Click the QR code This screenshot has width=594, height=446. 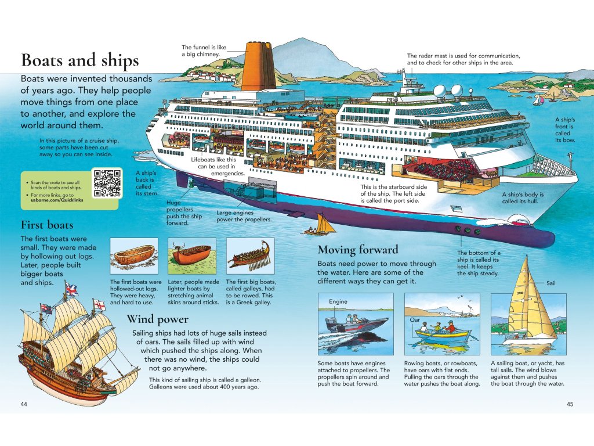106,183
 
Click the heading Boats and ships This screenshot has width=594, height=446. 79,60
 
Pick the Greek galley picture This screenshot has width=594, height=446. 250,255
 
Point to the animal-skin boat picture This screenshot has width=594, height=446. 191,255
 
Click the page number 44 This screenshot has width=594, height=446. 24,404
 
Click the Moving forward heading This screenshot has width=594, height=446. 358,250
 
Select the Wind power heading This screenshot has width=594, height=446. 157,319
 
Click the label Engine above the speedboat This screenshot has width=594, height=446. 338,302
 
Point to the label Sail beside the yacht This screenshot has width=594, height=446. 551,283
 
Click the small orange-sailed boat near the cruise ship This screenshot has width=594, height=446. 321,225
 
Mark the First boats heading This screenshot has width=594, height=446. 47,224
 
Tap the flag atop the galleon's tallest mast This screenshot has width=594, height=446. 71,288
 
